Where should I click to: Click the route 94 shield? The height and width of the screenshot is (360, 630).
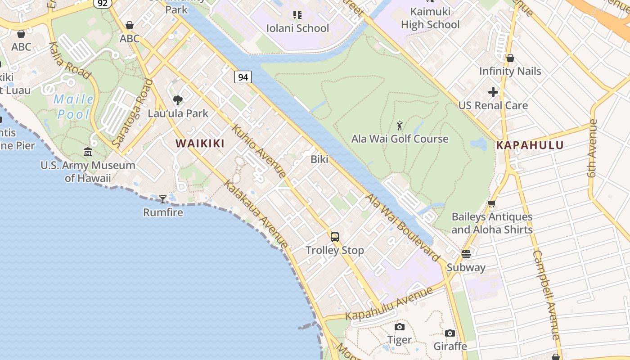click(243, 77)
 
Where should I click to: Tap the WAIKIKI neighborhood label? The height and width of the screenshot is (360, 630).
click(200, 144)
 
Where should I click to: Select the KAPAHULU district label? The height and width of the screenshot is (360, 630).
click(530, 145)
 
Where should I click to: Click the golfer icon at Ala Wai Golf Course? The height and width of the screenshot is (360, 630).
click(400, 126)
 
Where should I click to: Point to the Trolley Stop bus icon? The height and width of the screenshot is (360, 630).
click(335, 237)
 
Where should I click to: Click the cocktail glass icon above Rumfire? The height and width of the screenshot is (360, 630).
click(163, 199)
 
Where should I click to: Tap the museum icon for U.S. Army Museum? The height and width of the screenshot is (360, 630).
click(88, 152)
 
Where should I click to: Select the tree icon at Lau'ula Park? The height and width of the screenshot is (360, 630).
click(178, 100)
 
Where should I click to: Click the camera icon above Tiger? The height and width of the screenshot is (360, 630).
click(400, 327)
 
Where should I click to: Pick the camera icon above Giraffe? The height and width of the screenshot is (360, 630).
click(450, 333)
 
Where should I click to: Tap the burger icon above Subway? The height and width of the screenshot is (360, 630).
click(466, 254)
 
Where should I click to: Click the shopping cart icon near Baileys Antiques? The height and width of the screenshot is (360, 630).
click(492, 204)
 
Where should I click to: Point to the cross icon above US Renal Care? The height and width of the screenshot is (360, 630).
click(493, 92)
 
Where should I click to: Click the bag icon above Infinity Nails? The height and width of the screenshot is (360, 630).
click(510, 58)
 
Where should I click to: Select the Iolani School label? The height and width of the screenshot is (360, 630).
click(297, 28)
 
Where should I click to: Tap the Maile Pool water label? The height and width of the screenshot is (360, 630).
click(74, 107)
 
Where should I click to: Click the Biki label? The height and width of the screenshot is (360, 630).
click(319, 159)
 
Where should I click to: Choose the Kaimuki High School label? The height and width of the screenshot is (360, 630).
click(430, 18)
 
